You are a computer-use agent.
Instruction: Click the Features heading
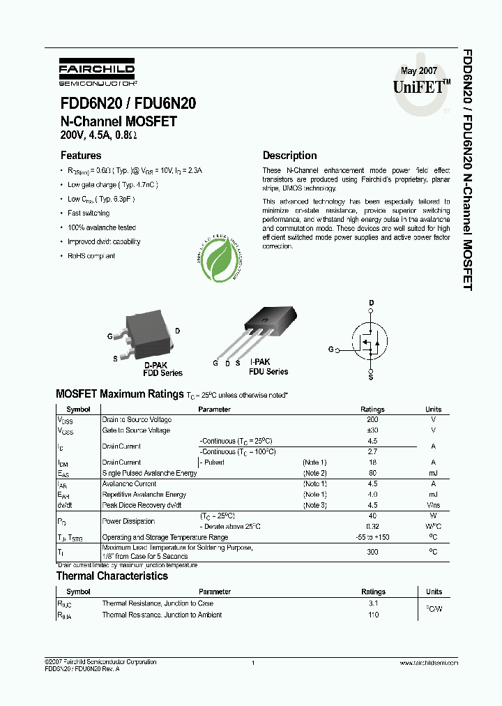[81, 156]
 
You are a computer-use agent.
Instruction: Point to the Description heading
[289, 156]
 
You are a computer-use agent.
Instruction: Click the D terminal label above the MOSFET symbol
[371, 303]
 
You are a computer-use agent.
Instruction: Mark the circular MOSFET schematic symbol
[371, 340]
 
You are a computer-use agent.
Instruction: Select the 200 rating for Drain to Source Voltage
[372, 420]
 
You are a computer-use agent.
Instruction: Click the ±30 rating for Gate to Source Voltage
[372, 430]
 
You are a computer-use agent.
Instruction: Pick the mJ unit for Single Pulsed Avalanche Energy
[433, 473]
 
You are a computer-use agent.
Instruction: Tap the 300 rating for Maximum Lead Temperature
[372, 552]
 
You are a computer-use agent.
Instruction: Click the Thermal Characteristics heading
[112, 576]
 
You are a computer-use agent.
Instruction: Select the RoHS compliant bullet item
[91, 256]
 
